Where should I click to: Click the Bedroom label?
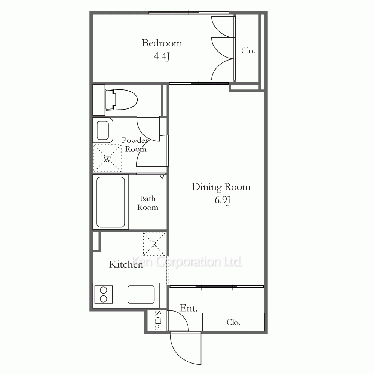pyautogui.click(x=162, y=43)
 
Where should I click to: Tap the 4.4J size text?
pyautogui.click(x=162, y=56)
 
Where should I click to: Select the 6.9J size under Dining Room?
pyautogui.click(x=222, y=200)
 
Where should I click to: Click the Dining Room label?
pyautogui.click(x=221, y=187)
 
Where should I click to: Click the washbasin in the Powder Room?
pyautogui.click(x=103, y=130)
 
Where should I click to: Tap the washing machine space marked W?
pyautogui.click(x=107, y=158)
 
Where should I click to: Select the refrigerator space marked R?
pyautogui.click(x=154, y=244)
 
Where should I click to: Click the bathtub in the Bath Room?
pyautogui.click(x=111, y=202)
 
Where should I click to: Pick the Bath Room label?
pyautogui.click(x=148, y=203)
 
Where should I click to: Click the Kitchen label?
pyautogui.click(x=126, y=264)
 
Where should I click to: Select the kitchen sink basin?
pyautogui.click(x=141, y=294)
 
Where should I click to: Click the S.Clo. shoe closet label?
pyautogui.click(x=158, y=321)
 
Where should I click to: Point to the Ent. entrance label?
pyautogui.click(x=188, y=308)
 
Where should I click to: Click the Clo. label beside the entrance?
pyautogui.click(x=233, y=322)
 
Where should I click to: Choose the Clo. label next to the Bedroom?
pyautogui.click(x=248, y=51)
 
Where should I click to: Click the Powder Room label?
pyautogui.click(x=135, y=145)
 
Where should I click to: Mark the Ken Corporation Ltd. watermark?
pyautogui.click(x=187, y=262)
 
